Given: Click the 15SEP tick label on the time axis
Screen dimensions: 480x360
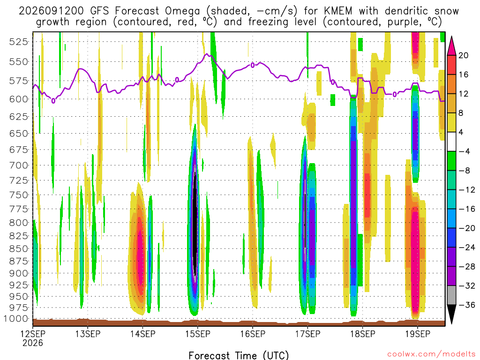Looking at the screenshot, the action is [198, 334].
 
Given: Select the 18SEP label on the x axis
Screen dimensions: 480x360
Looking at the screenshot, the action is [363, 334].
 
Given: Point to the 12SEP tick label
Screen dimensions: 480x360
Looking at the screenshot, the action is [33, 334].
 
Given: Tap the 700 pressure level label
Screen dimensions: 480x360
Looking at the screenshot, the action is [19, 165].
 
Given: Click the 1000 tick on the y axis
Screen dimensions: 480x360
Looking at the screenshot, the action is [16, 319].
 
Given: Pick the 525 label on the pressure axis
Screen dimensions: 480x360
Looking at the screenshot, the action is [19, 42].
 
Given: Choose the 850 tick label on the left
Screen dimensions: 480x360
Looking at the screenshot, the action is [19, 248].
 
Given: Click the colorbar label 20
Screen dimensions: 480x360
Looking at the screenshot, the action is [464, 55].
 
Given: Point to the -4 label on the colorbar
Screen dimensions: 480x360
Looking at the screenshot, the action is [465, 151].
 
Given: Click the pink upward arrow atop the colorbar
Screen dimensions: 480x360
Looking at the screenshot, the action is [451, 46].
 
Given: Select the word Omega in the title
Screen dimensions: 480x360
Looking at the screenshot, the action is [182, 12].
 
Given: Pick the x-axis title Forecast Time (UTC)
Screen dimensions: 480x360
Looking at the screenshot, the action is [239, 355].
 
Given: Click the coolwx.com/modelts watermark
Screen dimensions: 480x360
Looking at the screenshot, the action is [431, 354].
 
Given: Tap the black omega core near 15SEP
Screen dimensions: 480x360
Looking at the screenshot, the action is [195, 224].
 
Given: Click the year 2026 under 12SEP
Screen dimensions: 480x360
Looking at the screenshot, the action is [33, 343].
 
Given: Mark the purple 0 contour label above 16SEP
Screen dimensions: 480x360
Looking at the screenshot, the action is [253, 65].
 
